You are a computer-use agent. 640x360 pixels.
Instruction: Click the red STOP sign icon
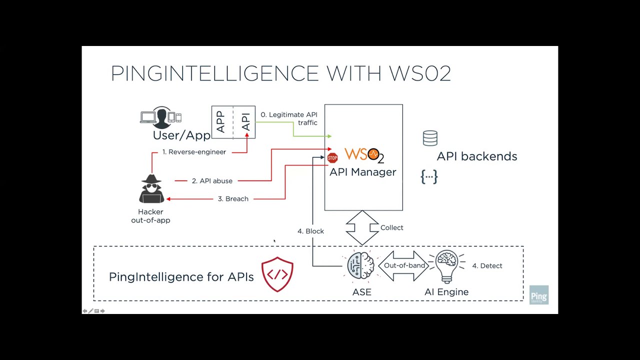click(332, 158)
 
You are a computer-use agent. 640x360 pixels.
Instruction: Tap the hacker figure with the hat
click(151, 189)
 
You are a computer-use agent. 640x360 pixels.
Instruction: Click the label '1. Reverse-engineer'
click(194, 152)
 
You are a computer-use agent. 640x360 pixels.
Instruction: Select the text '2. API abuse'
click(212, 181)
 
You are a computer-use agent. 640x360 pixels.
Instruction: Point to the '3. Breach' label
click(233, 199)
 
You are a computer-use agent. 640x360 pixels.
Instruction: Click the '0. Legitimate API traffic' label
click(289, 118)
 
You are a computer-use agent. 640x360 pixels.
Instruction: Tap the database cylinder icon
click(430, 138)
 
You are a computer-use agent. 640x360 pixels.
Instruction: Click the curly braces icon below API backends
click(429, 176)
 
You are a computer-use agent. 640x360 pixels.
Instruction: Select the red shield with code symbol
click(277, 274)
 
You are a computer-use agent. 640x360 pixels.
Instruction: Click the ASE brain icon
click(361, 265)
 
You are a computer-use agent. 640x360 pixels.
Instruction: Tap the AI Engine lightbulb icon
click(446, 266)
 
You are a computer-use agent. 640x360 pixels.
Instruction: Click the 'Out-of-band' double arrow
click(404, 265)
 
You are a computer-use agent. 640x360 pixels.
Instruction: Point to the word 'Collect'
click(391, 228)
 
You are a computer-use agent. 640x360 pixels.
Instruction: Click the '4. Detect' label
click(487, 266)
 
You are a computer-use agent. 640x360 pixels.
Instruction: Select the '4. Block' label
click(310, 231)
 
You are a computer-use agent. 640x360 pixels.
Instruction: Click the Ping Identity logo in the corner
click(539, 295)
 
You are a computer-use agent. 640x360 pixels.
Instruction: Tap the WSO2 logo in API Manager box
click(364, 155)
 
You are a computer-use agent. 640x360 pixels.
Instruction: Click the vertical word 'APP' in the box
click(220, 122)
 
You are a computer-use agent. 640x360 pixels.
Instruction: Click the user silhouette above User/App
click(161, 118)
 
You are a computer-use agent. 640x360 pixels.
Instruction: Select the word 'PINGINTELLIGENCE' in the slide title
click(214, 74)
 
